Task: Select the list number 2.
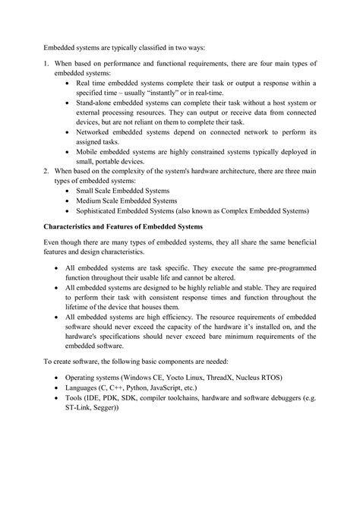pos(46,172)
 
